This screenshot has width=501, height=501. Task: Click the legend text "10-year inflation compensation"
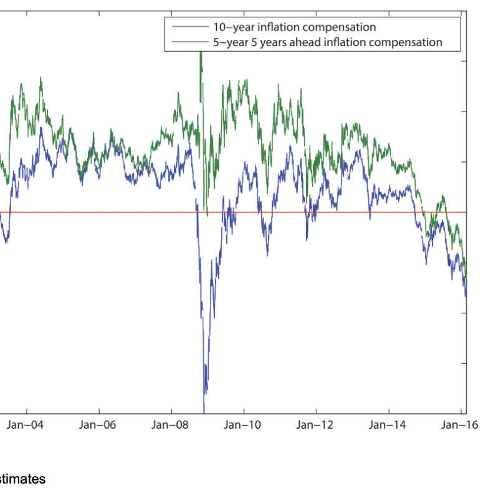click(x=294, y=27)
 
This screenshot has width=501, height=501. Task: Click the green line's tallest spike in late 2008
click(x=201, y=54)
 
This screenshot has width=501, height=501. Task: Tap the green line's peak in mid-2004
click(x=41, y=78)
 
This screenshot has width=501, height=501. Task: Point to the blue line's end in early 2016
click(x=465, y=297)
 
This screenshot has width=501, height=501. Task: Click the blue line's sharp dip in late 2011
click(x=307, y=239)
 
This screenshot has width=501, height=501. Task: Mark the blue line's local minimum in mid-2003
click(x=6, y=242)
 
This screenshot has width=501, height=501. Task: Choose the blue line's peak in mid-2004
click(x=41, y=128)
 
